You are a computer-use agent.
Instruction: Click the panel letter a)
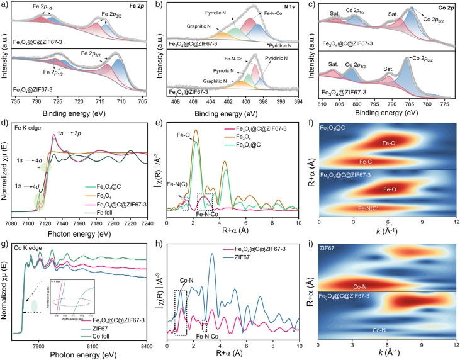pos(6,5)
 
